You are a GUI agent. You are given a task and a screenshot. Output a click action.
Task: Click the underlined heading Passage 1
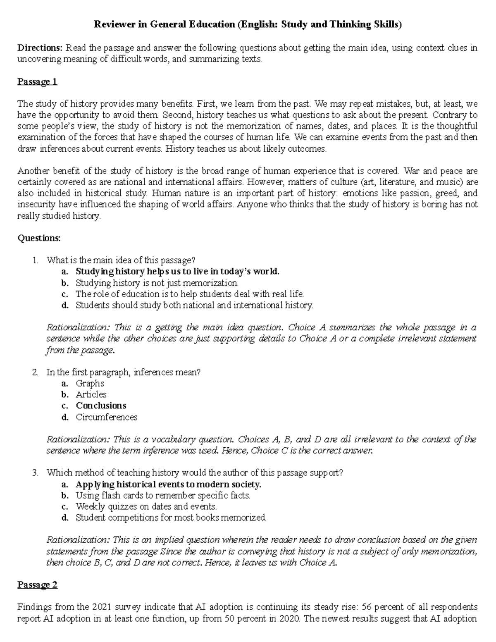tap(37, 81)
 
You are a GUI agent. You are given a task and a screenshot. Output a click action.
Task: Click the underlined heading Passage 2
tap(37, 585)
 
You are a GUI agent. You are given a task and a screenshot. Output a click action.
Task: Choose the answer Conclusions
tap(101, 406)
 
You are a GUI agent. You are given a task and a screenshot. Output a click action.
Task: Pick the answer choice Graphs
tap(90, 383)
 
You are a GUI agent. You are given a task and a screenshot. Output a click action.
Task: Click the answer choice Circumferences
tap(106, 417)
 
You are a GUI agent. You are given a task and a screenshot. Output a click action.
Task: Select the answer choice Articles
tap(91, 394)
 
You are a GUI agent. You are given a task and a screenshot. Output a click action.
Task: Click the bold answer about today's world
tap(177, 272)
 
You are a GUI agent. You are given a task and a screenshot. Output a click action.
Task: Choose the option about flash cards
tap(163, 495)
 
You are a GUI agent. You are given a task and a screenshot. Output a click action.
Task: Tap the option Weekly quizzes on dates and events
tap(146, 506)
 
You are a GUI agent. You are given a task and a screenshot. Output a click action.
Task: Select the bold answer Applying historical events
tap(168, 484)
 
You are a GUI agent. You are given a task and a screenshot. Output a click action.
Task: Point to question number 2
tap(35, 372)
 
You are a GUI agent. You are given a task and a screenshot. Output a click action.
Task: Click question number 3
tap(35, 473)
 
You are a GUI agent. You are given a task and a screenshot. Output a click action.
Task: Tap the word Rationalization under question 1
tap(78, 327)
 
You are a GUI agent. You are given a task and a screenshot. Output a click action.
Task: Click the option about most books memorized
tap(171, 518)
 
